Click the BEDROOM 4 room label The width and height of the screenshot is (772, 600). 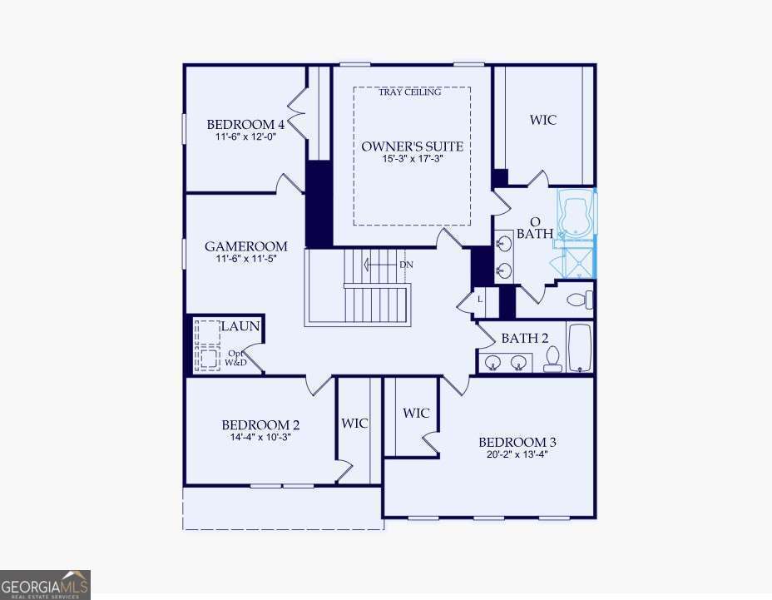[245, 125]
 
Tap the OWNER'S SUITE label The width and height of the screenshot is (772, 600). [412, 146]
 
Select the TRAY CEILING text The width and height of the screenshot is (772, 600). [410, 92]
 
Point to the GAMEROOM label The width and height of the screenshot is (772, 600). [246, 246]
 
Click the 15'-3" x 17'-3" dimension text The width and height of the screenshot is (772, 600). [412, 160]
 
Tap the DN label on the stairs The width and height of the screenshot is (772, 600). [406, 265]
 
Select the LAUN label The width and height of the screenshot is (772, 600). [240, 327]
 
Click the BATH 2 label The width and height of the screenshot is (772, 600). [525, 339]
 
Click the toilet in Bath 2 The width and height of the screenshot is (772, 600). [552, 359]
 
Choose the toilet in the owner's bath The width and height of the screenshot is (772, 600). [577, 300]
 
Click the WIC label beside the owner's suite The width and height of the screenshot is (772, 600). [543, 120]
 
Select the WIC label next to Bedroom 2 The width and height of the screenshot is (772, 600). [354, 424]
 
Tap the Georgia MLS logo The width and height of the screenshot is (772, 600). [45, 584]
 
